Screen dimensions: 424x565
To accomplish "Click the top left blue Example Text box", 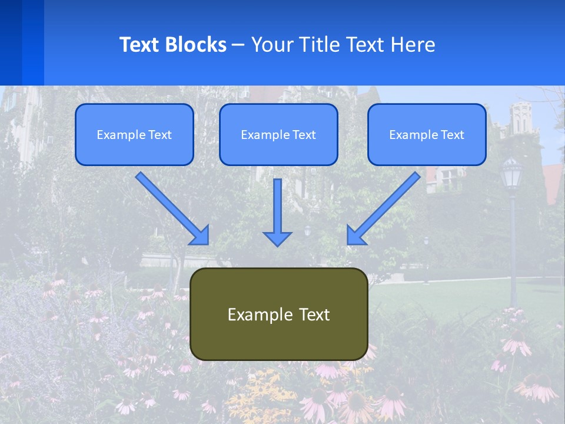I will (134, 134).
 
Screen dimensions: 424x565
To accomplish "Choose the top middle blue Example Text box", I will (278, 134).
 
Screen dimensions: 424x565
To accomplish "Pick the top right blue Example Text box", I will (427, 134).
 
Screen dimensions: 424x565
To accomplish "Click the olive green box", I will (278, 314).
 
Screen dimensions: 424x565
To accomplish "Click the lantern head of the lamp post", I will (512, 172).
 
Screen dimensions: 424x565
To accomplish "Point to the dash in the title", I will (238, 45).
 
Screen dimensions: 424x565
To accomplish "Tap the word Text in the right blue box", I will (452, 134).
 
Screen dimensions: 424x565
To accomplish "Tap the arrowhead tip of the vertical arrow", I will (277, 244).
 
